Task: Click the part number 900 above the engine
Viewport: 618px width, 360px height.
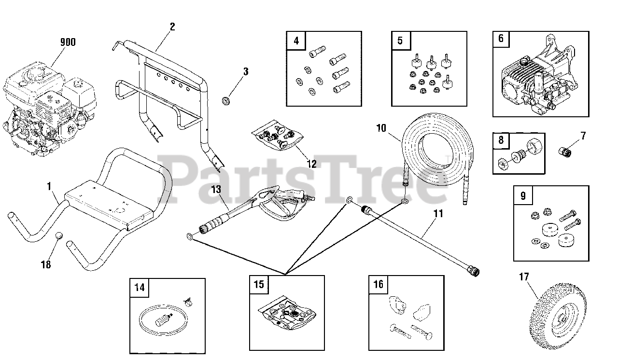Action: (68, 42)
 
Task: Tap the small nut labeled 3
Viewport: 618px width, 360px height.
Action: (225, 100)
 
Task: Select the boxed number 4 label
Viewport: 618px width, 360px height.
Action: (296, 41)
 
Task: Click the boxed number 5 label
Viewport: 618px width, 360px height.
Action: (400, 41)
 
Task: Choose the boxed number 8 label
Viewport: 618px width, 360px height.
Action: (501, 141)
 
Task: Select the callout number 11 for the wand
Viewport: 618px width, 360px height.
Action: (438, 213)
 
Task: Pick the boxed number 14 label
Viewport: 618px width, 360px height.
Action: (139, 288)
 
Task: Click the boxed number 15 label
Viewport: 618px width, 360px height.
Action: (259, 284)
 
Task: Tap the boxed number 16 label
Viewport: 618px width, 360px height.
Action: (378, 284)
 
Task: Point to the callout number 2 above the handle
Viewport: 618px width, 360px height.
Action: (172, 26)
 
